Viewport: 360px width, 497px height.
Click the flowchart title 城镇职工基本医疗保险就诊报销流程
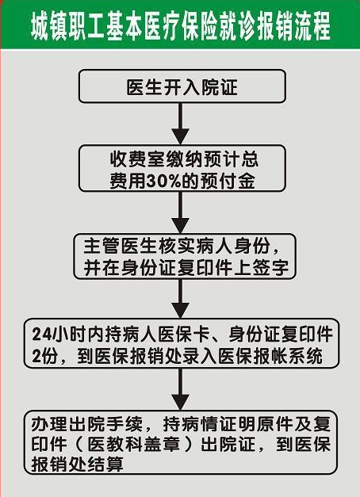181,26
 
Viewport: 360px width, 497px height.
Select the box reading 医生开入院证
182,86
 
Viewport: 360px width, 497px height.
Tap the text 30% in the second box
163,182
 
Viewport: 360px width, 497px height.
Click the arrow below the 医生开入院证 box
181,124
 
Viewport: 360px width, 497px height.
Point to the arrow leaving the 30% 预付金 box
181,212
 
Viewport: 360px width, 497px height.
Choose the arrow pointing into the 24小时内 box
181,299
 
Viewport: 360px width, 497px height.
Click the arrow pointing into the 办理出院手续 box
181,389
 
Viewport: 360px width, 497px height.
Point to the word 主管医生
121,246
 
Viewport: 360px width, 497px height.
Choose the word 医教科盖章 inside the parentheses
134,445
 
